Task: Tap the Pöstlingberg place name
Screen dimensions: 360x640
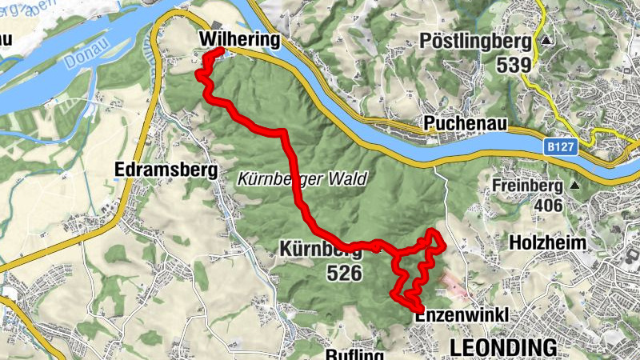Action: point(474,41)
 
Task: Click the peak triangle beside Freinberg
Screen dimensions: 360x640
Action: point(574,186)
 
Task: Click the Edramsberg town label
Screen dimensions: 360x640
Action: point(166,170)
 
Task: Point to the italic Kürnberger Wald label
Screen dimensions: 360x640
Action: point(302,180)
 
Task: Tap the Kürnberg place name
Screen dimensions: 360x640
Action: point(320,249)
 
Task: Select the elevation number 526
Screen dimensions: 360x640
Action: point(344,274)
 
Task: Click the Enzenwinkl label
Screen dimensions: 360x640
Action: point(462,317)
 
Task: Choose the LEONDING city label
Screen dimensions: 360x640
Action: point(503,347)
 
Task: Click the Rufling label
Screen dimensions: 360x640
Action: point(356,354)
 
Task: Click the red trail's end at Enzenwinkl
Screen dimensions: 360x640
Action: point(420,309)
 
